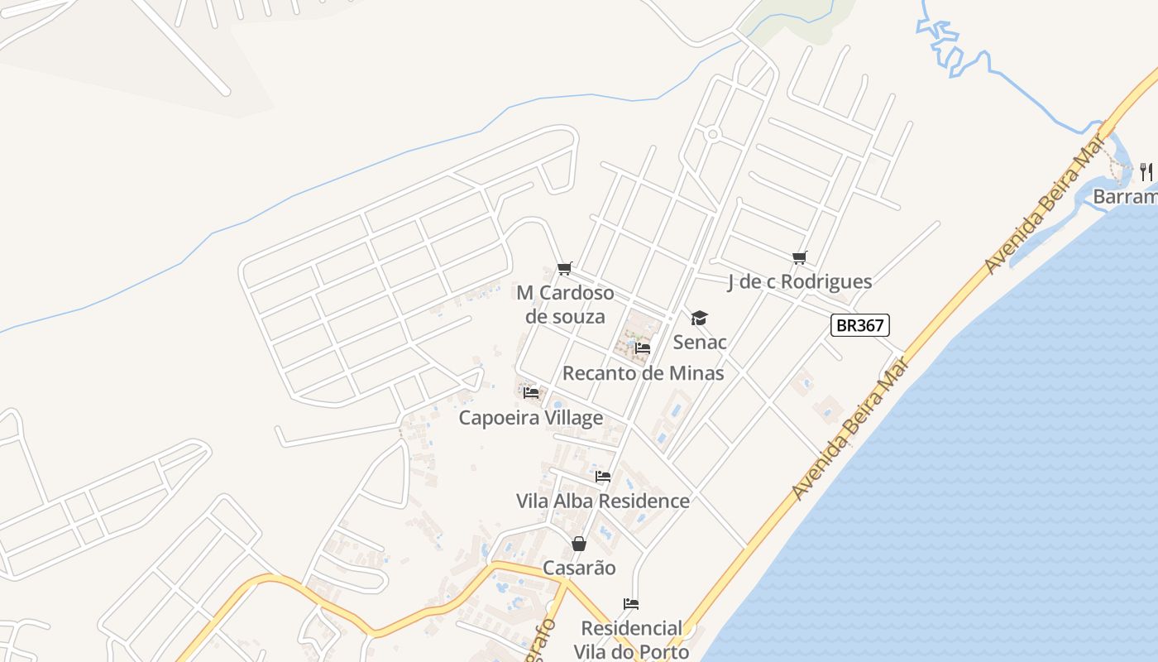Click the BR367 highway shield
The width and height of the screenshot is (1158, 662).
tap(860, 325)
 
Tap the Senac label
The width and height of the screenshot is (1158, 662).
tap(700, 342)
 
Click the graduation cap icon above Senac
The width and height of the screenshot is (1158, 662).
tap(700, 319)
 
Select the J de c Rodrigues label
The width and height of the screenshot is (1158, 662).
tap(800, 281)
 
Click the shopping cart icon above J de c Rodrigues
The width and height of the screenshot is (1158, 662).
tap(799, 258)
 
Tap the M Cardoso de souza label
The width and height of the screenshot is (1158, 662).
tap(566, 305)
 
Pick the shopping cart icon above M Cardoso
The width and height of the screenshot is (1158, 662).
tap(565, 268)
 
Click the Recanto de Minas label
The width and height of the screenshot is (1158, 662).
tap(644, 372)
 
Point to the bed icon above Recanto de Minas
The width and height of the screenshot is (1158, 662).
tap(643, 348)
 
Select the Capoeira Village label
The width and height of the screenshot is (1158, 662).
tap(531, 418)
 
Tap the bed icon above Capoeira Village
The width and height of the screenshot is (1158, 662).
tap(531, 393)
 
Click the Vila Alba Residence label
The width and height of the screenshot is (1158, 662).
tap(603, 501)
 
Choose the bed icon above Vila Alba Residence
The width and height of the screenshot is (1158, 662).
tap(603, 477)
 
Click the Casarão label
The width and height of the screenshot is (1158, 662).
tap(579, 568)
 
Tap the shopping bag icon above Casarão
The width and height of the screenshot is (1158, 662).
tap(579, 544)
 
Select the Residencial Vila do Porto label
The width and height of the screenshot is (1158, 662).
tap(632, 640)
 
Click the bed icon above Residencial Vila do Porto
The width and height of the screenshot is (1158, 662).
tap(631, 604)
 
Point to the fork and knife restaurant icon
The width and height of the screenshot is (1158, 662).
tap(1146, 171)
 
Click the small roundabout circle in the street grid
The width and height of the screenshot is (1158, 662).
tap(713, 134)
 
